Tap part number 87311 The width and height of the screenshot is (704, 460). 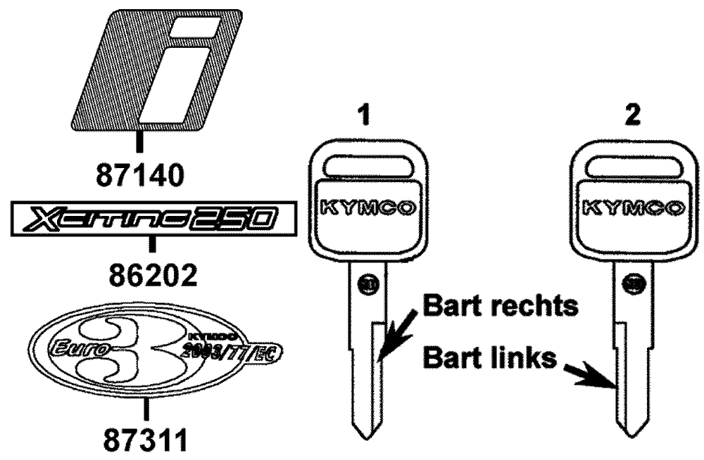[145, 442]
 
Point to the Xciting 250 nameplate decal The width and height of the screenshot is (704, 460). [149, 223]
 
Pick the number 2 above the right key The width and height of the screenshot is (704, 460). [634, 117]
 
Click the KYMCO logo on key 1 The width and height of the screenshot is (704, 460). [365, 209]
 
